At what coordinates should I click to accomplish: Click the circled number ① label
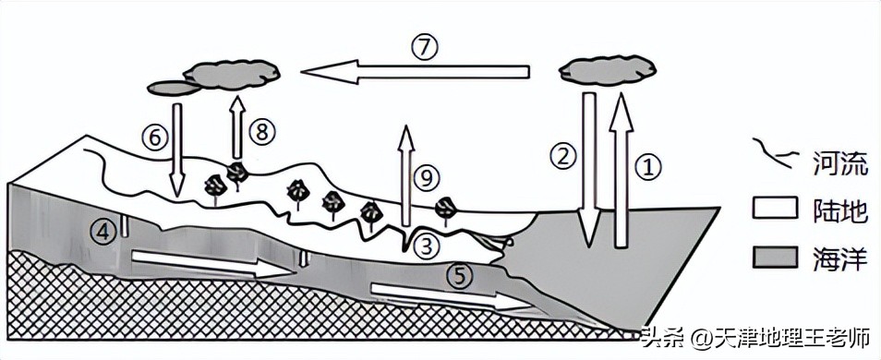(648, 165)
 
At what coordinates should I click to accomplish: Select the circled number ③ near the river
(426, 245)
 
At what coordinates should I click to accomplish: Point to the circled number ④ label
(104, 230)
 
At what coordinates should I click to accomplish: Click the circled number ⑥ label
(154, 138)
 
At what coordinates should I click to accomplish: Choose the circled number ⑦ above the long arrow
(423, 48)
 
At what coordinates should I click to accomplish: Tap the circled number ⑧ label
(263, 132)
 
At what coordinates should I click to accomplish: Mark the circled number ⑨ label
(427, 179)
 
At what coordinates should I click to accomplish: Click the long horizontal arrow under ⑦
(416, 72)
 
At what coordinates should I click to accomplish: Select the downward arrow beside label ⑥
(177, 150)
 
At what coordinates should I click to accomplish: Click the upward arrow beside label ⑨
(406, 178)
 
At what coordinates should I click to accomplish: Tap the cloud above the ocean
(608, 70)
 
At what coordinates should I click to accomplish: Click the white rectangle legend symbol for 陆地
(775, 208)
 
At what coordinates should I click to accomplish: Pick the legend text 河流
(832, 163)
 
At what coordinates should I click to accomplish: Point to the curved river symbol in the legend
(774, 151)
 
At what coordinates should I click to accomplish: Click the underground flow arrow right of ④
(213, 264)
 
